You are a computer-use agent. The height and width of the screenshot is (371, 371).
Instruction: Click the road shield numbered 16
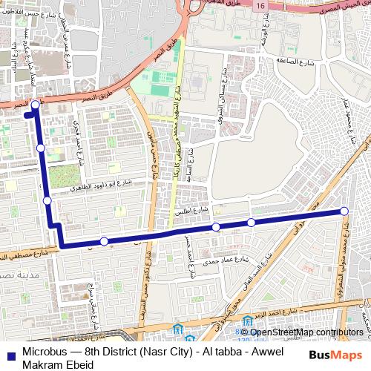click(261, 6)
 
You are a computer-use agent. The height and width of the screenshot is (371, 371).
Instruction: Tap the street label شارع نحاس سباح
click(92, 304)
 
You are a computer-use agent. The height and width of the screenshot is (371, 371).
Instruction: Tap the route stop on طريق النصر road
click(35, 105)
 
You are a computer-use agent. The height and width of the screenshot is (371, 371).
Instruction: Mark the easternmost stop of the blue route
click(344, 212)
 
